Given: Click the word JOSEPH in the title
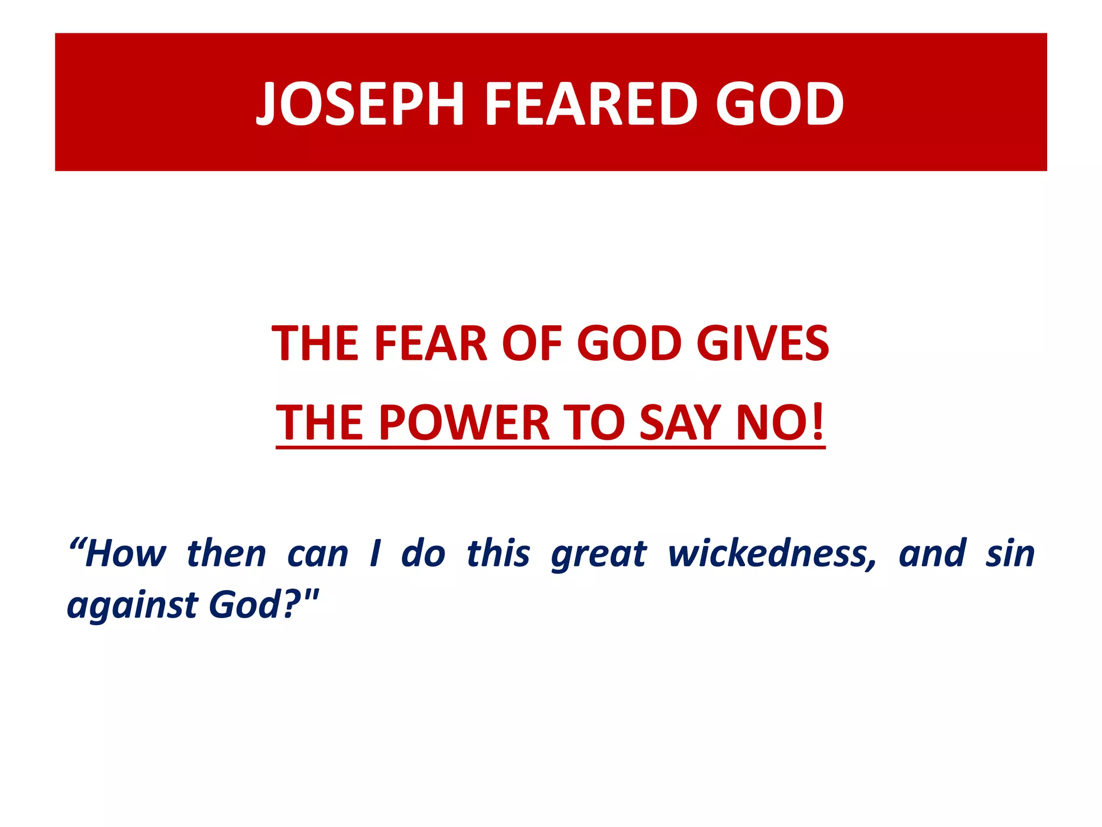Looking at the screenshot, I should pos(360,104).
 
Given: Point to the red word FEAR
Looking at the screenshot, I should pos(430,344).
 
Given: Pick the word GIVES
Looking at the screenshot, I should pos(762,344).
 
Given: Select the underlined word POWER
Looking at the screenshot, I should pos(464,423).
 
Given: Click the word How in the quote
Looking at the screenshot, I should pos(125,553).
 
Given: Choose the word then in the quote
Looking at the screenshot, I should pos(226,553).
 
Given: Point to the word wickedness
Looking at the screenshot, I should pos(772,553).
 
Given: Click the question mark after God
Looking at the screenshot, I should pos(291,604).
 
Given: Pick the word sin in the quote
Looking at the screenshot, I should pos(1010,553).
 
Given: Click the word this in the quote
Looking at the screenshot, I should pos(498,553).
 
